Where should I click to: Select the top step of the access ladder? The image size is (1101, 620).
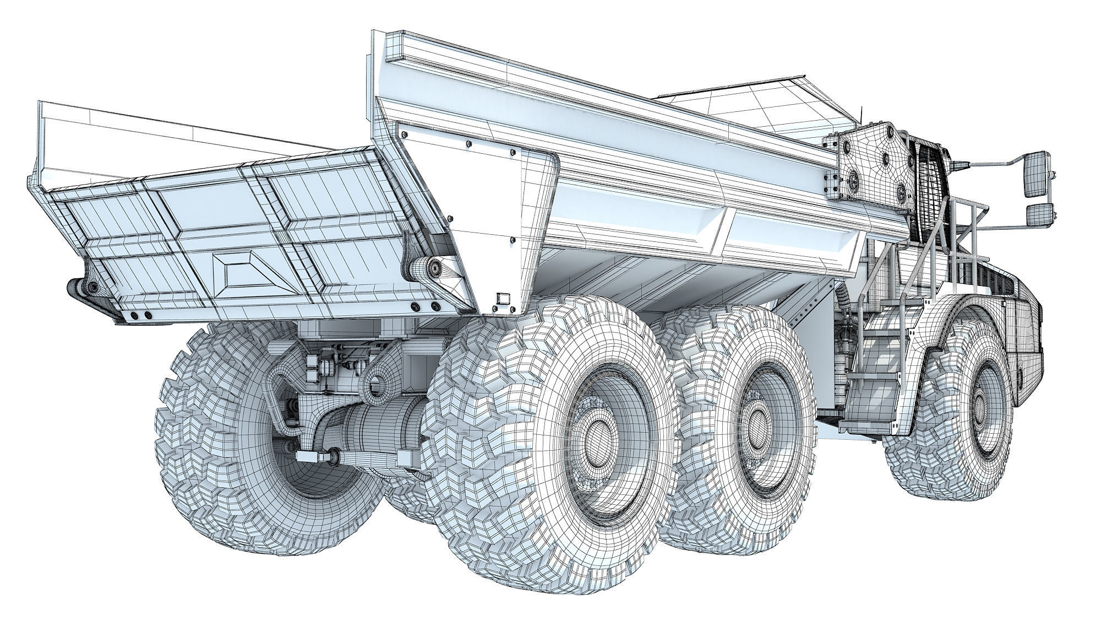point(903,317)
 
